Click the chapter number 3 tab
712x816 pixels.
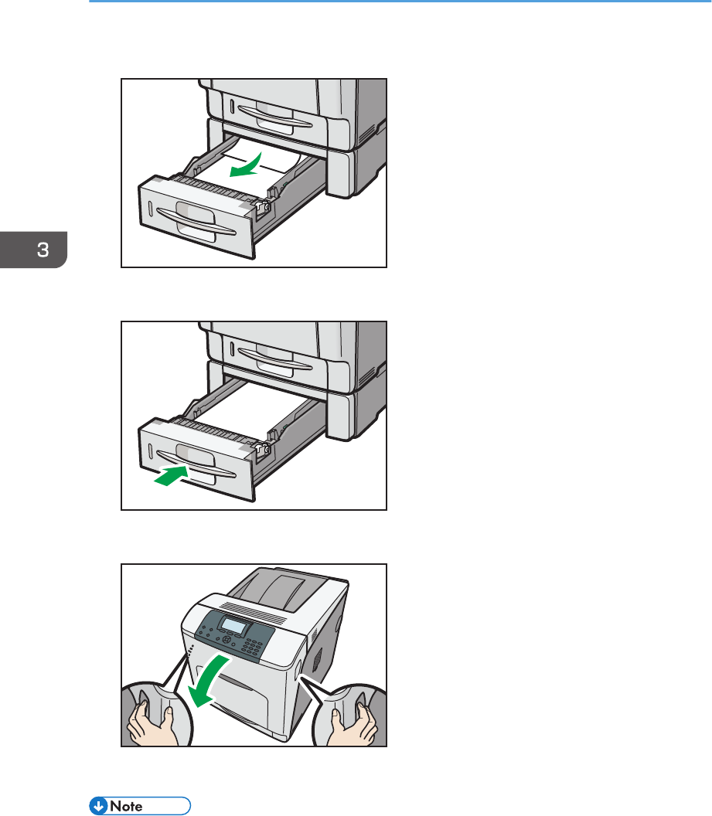pyautogui.click(x=33, y=250)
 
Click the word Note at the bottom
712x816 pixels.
pyautogui.click(x=126, y=806)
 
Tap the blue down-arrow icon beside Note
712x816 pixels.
pyautogui.click(x=98, y=806)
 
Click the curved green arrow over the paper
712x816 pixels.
pyautogui.click(x=246, y=165)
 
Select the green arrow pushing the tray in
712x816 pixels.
pyautogui.click(x=172, y=476)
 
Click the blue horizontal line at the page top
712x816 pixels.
pyautogui.click(x=400, y=1)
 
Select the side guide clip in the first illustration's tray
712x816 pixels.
pyautogui.click(x=264, y=206)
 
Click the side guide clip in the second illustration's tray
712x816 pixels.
pyautogui.click(x=264, y=449)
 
